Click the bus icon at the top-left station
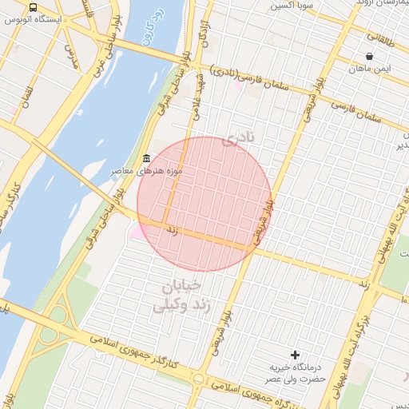(x=33, y=7)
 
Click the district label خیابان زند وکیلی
(x=181, y=294)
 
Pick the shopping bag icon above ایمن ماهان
(x=369, y=57)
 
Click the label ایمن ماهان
(x=370, y=69)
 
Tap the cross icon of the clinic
(x=296, y=354)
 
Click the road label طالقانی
(x=387, y=36)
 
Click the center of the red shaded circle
(x=204, y=204)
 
